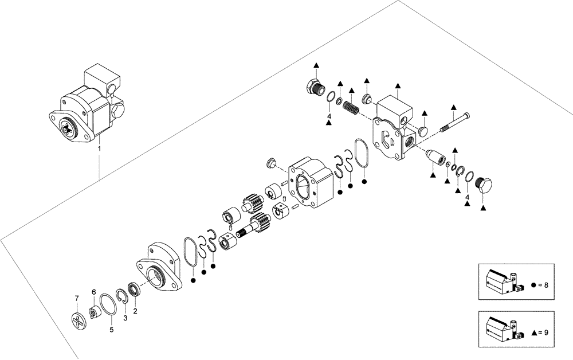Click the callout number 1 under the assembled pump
coord(99,148)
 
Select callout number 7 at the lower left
coord(77,298)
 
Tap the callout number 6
coord(93,292)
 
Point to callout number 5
coord(112,330)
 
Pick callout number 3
coord(125,318)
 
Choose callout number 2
coord(135,311)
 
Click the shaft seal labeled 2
coord(134,289)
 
